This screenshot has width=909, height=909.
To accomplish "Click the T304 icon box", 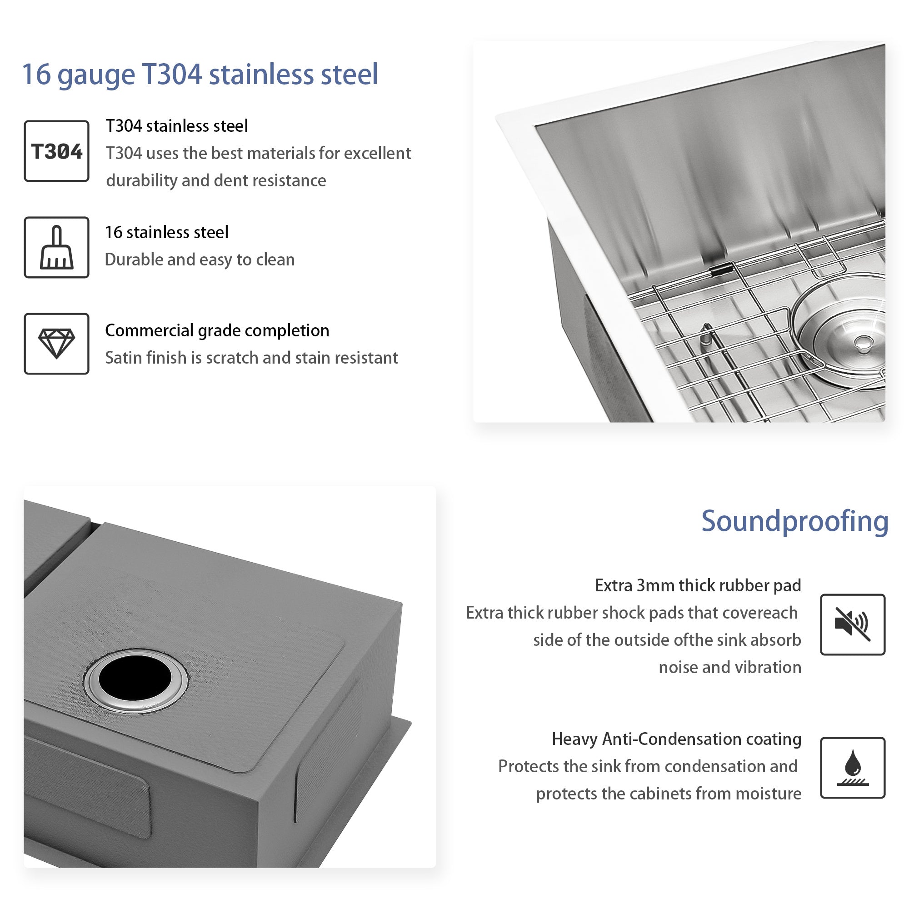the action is point(56,151).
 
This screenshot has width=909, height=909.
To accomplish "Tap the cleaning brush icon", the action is point(57,248).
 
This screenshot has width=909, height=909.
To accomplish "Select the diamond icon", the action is point(56,344).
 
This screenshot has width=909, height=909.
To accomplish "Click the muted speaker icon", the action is point(852,624).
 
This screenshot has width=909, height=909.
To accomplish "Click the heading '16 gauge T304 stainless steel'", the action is point(200,75).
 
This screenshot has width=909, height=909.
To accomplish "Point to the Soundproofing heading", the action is point(794,522).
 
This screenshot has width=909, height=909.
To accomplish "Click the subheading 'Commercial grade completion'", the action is point(217,331).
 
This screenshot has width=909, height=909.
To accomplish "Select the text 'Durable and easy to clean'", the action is point(200,260).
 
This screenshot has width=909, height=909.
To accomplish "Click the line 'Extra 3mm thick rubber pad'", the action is point(698,585).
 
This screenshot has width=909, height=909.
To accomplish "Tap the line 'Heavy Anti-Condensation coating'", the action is point(677,739).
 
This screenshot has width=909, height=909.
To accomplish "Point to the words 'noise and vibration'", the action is point(730,667).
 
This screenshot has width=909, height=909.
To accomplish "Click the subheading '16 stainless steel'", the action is point(166,232).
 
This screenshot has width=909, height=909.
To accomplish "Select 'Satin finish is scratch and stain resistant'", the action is point(251,358).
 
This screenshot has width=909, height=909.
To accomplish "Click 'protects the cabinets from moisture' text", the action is point(669,794).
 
